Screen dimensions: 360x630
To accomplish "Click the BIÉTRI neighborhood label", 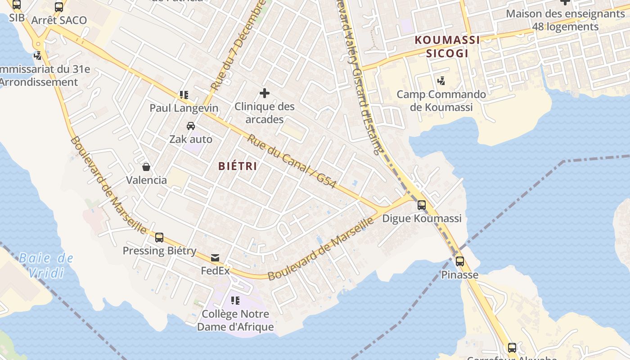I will coord(238,166).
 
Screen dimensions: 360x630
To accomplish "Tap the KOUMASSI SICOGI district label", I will coord(447,47).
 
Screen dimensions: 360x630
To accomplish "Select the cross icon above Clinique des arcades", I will coord(265,94).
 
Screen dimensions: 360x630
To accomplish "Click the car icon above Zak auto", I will coord(191,126).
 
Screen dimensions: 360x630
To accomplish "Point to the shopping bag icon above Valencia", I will coord(146,167).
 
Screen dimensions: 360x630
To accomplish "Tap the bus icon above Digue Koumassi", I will coord(422,205).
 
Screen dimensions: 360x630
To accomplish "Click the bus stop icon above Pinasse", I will coord(459,261).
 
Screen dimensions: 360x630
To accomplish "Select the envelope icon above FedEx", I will coord(215,258).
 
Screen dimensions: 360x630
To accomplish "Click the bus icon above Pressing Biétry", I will coord(159,238).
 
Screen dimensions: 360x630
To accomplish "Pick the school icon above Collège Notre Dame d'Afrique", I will coord(235,300).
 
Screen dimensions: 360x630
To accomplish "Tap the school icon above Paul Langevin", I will coord(184,94).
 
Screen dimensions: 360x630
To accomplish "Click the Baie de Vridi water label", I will coord(46,265).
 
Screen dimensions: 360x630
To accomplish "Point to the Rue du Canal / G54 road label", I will coord(291,161).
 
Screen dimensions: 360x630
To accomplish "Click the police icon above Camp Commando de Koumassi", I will coord(441,81).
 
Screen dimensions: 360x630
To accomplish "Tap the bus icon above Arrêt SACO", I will coord(59,7).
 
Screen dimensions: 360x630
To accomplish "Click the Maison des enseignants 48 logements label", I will coord(565,20).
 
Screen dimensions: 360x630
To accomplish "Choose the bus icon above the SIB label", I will coord(17,5).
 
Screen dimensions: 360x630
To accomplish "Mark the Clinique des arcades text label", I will coord(265,113).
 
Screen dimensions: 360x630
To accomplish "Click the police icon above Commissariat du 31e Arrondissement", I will coord(38,56).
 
